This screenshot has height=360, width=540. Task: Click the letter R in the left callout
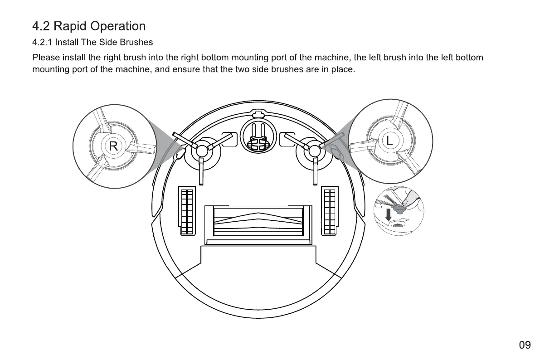(113, 146)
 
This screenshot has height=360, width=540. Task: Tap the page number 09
(525, 345)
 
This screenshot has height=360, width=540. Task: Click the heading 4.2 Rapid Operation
(89, 26)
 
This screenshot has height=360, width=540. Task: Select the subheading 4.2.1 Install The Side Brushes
(92, 42)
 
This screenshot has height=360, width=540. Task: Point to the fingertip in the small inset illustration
(411, 196)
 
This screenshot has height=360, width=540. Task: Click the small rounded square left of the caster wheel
(229, 140)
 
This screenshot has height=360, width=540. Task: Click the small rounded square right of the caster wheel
(287, 140)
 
